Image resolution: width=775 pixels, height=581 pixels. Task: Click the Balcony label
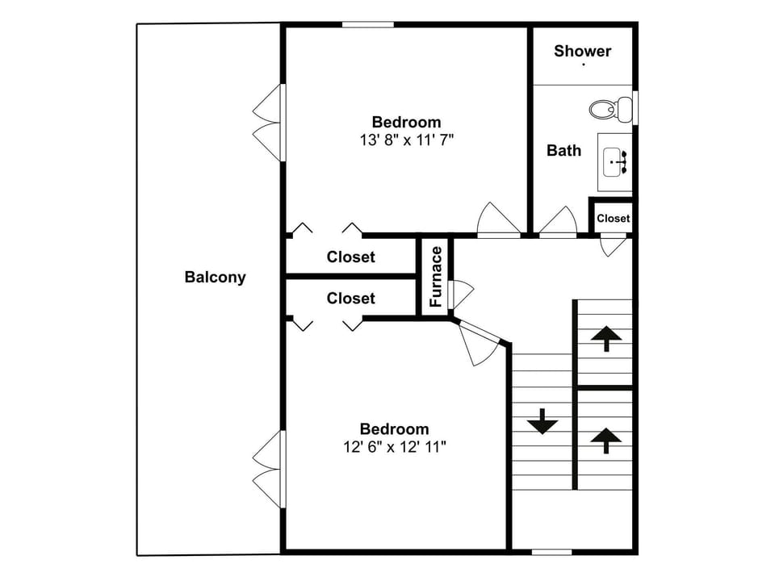coord(215,278)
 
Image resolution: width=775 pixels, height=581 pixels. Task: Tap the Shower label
coord(582,51)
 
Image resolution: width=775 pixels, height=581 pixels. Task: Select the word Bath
coord(563,150)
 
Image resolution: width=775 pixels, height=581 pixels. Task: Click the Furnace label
coord(436,277)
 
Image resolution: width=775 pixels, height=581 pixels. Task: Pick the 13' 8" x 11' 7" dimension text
coord(406,140)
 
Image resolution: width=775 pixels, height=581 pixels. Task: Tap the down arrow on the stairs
coord(542,420)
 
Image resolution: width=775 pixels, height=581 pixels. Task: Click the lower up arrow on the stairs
coord(605,441)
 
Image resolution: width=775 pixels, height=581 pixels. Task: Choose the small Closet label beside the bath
coord(613,218)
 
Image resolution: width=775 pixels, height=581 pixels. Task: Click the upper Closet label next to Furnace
coord(350,257)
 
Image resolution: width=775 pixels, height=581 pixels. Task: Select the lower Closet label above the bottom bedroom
coord(350,299)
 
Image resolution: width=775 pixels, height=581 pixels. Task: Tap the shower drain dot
coord(584,65)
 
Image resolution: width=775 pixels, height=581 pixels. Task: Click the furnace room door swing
coord(460,294)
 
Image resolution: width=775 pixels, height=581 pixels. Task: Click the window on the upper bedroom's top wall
coord(367,24)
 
